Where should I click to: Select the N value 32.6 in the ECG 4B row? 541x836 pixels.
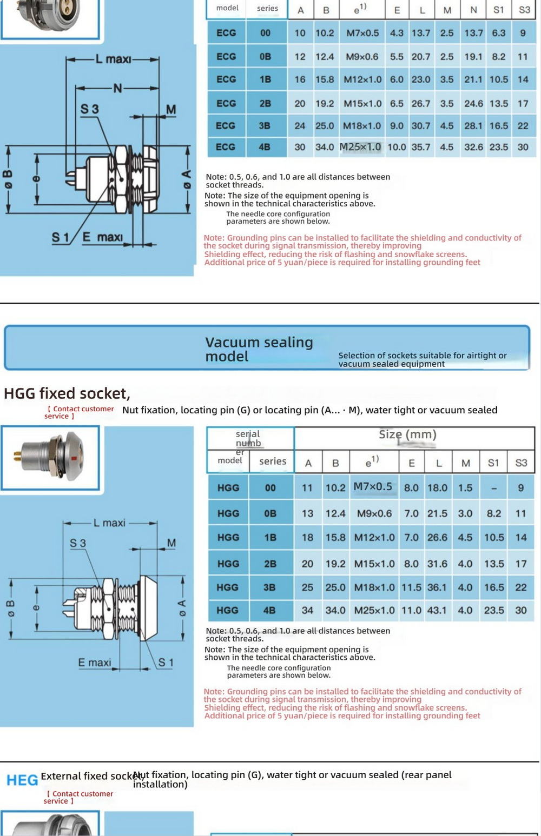pyautogui.click(x=473, y=147)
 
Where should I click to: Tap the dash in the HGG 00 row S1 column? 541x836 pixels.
pyautogui.click(x=493, y=488)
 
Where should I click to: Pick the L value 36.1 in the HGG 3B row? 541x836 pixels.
pyautogui.click(x=437, y=587)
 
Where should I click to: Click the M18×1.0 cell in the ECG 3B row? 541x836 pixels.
pyautogui.click(x=362, y=126)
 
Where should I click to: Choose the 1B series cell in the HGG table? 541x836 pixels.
pyautogui.click(x=270, y=538)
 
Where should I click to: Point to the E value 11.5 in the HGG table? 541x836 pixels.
pyautogui.click(x=411, y=587)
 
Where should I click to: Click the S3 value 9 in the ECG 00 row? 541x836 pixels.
pyautogui.click(x=523, y=33)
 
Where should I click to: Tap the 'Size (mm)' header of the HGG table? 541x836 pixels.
pyautogui.click(x=407, y=434)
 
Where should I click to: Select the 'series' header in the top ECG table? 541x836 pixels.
pyautogui.click(x=267, y=8)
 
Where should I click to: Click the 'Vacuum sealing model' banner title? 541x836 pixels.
pyautogui.click(x=259, y=349)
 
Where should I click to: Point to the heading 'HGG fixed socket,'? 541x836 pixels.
pyautogui.click(x=67, y=393)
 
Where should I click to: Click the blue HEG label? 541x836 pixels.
pyautogui.click(x=22, y=780)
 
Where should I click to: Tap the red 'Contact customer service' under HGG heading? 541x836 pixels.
pyautogui.click(x=80, y=412)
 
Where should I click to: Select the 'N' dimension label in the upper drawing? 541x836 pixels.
pyautogui.click(x=117, y=88)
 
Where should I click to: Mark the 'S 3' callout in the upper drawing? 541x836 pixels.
pyautogui.click(x=90, y=109)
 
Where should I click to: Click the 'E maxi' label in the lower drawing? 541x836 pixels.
pyautogui.click(x=95, y=663)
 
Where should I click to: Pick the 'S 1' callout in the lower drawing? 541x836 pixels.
pyautogui.click(x=166, y=663)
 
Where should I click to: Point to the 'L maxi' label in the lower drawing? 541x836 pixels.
pyautogui.click(x=109, y=523)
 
